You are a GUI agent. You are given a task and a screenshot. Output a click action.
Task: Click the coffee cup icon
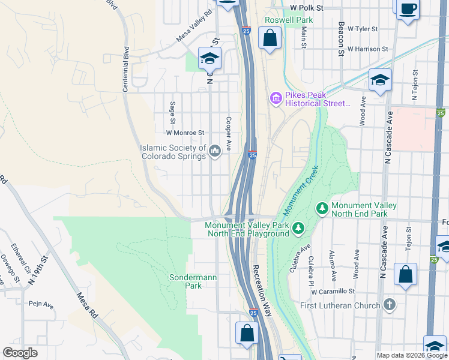408,8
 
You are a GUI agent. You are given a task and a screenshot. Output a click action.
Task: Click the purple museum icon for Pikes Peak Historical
276,98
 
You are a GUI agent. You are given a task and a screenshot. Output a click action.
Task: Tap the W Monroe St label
185,133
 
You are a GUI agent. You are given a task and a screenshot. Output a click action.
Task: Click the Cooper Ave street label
228,133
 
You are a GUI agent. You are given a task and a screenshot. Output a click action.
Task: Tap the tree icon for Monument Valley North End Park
322,209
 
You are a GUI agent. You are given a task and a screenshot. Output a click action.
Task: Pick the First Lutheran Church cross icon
390,305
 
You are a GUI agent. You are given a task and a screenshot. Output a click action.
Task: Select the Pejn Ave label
41,305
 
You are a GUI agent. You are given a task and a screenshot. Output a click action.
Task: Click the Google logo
20,353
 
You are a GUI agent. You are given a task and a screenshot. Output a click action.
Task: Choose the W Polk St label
306,8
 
